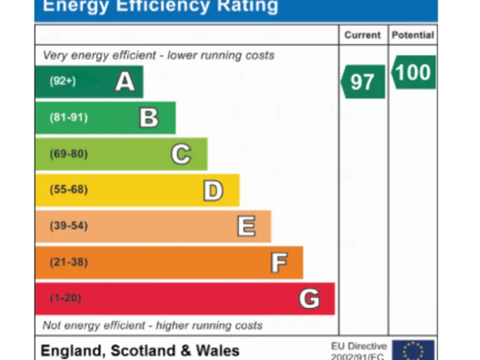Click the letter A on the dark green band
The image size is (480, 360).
coord(125,82)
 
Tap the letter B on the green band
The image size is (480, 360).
coord(149,117)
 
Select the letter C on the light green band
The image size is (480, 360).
coord(181,154)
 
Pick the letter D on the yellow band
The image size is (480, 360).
coord(213,190)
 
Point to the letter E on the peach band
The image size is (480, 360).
coord(246,226)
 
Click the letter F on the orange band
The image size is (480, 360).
coord(279,262)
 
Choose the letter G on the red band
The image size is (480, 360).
coord(309,299)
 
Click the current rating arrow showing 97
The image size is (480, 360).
coord(362,82)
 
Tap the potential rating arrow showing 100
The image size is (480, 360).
coord(413,72)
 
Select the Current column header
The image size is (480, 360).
coord(362,35)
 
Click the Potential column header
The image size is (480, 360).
coord(412,35)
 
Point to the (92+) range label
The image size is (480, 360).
coord(62,81)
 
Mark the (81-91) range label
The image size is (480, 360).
coord(69,117)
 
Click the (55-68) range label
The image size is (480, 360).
coord(69,190)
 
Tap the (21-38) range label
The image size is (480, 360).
coord(69,262)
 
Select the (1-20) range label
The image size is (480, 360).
coord(66,299)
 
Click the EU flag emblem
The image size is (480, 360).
coord(413,351)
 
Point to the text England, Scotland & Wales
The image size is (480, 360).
coord(140,351)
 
